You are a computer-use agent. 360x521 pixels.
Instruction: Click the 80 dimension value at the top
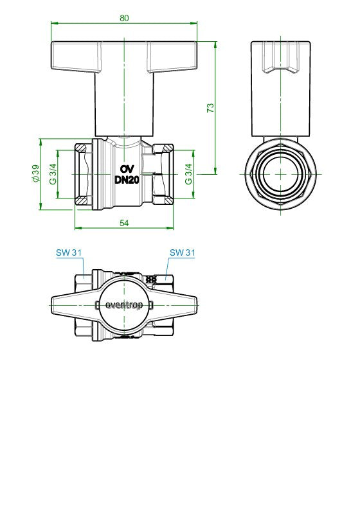[x=124, y=18]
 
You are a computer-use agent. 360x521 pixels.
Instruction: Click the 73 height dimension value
[x=211, y=108]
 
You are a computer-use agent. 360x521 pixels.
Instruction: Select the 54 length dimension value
[x=124, y=223]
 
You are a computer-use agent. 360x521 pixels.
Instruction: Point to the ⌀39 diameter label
[x=35, y=173]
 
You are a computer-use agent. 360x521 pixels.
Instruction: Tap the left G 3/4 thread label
[x=53, y=174]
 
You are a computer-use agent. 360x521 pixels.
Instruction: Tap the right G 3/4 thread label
[x=188, y=174]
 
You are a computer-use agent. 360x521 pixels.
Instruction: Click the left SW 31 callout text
[x=69, y=252]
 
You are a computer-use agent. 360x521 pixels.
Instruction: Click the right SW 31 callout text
[x=182, y=252]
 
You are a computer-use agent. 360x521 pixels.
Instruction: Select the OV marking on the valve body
[x=127, y=169]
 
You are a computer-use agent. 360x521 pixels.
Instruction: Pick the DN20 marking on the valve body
[x=127, y=180]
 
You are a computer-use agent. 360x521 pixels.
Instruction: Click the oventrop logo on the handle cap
[x=124, y=305]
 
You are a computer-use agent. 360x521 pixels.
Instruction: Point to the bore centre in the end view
[x=280, y=174]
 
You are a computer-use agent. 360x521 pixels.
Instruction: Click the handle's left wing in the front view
[x=76, y=57]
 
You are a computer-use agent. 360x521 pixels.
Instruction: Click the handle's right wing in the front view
[x=172, y=57]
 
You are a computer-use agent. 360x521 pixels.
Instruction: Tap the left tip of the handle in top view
[x=51, y=305]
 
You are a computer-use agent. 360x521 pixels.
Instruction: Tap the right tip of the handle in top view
[x=197, y=305]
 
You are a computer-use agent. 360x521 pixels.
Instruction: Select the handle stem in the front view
[x=124, y=103]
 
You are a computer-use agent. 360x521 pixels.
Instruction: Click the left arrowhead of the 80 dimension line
[x=54, y=23]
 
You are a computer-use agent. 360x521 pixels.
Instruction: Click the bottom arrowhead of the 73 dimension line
[x=215, y=170]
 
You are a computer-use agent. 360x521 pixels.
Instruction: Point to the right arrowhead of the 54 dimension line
[x=170, y=228]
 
